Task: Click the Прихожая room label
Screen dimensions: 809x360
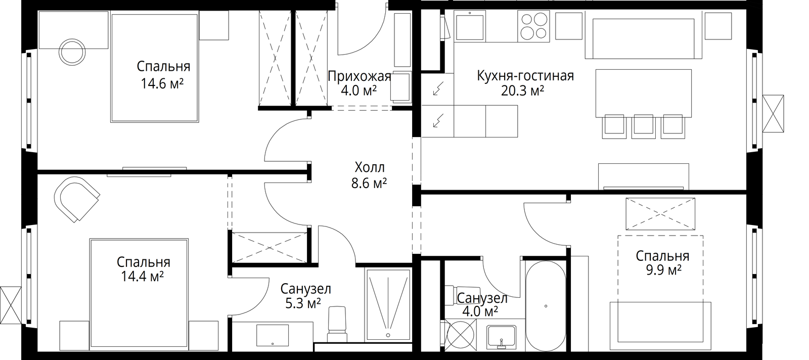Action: tap(359, 76)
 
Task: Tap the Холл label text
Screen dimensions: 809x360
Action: tap(370, 167)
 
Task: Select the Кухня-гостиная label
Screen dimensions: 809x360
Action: tap(525, 76)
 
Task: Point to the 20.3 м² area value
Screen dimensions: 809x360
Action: tap(522, 91)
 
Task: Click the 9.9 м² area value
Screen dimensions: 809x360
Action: tap(663, 269)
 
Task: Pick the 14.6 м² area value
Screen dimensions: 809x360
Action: tap(162, 83)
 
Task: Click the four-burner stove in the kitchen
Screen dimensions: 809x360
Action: tap(533, 26)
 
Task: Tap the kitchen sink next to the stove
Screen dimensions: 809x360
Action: tap(470, 25)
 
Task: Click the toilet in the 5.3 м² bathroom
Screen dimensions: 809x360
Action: tap(337, 324)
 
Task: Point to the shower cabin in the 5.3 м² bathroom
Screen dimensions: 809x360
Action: tap(388, 304)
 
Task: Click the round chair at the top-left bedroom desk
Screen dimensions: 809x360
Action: tap(72, 52)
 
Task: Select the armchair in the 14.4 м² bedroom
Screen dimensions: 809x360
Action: tap(76, 199)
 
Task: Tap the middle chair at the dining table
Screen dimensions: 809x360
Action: tap(643, 126)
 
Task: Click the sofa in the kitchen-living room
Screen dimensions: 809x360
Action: tap(644, 38)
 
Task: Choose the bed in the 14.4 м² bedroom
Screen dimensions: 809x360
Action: tap(139, 294)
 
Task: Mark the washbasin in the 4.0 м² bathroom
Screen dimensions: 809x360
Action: tap(501, 337)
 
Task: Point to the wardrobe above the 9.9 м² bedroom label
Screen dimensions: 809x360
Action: tap(660, 213)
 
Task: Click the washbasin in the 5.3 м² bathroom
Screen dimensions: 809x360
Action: tap(273, 335)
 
